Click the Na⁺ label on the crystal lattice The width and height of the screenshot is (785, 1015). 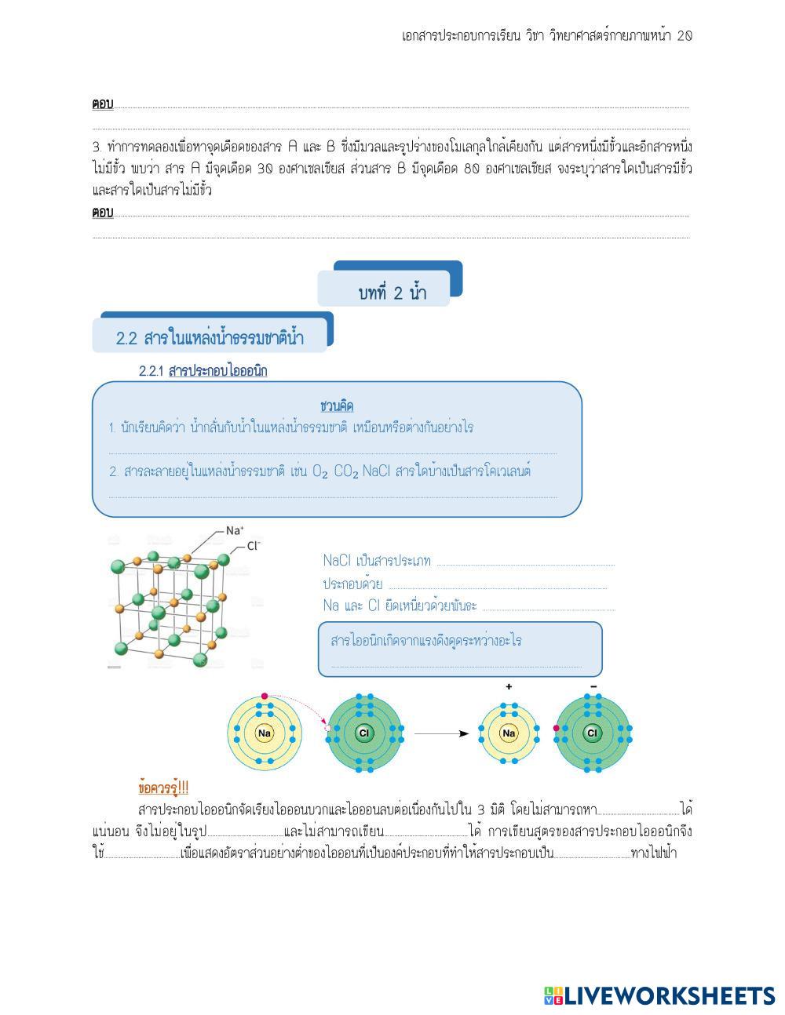click(x=235, y=530)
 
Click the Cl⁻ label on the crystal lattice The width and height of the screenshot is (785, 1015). click(x=254, y=546)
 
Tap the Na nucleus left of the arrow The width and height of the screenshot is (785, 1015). click(x=265, y=733)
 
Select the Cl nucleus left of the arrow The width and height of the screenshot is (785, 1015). click(x=364, y=733)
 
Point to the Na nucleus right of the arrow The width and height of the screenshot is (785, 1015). click(x=509, y=733)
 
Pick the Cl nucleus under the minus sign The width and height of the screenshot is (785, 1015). click(x=592, y=733)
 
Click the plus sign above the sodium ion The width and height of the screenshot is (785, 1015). click(x=509, y=686)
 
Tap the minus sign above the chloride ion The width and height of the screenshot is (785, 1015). click(x=593, y=686)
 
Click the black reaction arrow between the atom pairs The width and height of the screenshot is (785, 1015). click(x=441, y=733)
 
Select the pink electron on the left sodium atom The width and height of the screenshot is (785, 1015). click(x=265, y=696)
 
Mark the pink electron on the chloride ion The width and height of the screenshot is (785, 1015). click(x=556, y=729)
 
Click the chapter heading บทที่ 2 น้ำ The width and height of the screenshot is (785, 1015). click(x=392, y=293)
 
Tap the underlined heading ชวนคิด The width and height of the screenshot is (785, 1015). click(x=337, y=406)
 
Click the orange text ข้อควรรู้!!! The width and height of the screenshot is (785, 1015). click(x=163, y=787)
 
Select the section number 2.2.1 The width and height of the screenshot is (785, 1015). click(x=151, y=371)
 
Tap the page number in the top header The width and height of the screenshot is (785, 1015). click(x=684, y=36)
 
